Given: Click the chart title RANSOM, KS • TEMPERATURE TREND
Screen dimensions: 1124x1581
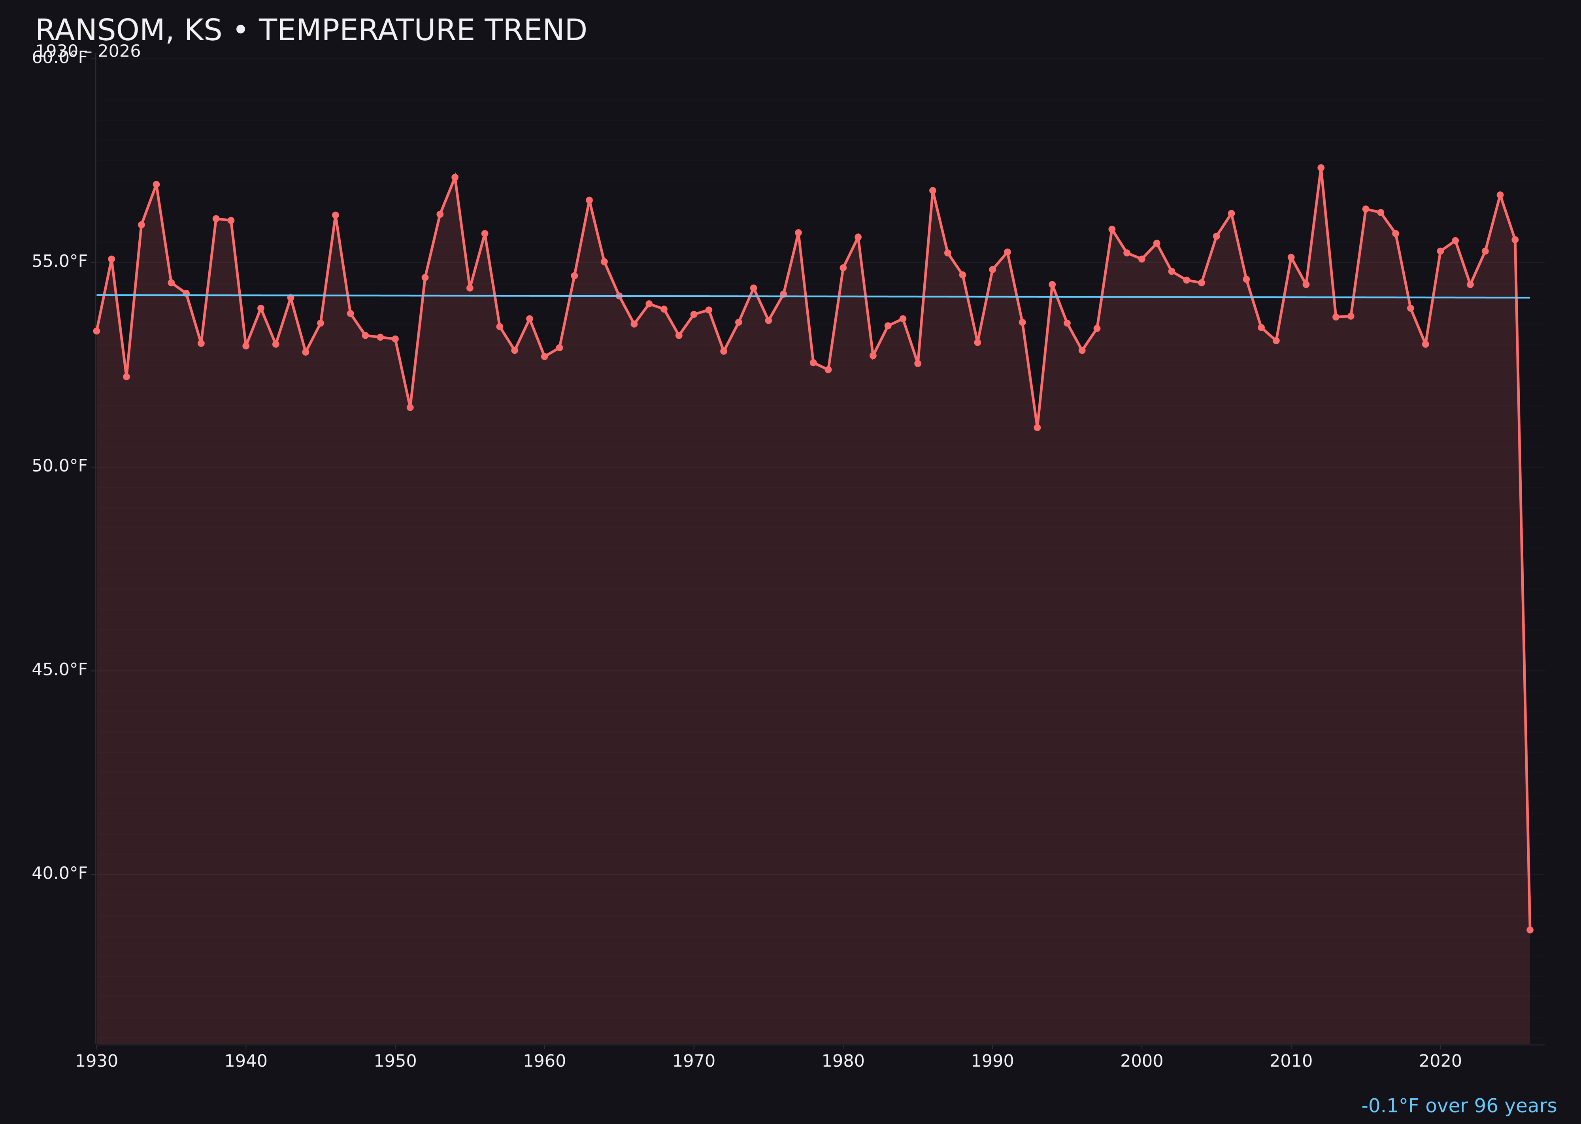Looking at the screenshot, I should pyautogui.click(x=311, y=30).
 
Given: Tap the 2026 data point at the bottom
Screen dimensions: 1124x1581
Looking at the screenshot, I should pyautogui.click(x=1530, y=930).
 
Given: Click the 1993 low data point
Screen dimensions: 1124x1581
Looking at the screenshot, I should pyautogui.click(x=1037, y=428).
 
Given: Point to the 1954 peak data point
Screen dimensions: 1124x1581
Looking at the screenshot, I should pyautogui.click(x=455, y=177).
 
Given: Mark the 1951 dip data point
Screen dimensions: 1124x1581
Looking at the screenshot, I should pyautogui.click(x=410, y=407).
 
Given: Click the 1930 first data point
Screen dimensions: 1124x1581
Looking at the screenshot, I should pyautogui.click(x=96, y=331).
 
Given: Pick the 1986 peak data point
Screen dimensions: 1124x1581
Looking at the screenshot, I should pyautogui.click(x=932, y=190).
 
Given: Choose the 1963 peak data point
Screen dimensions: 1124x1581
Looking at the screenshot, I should pyautogui.click(x=589, y=200).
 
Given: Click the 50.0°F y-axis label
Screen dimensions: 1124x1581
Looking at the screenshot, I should pyautogui.click(x=60, y=466).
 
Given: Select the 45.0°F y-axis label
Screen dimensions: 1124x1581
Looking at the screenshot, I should pyautogui.click(x=60, y=669).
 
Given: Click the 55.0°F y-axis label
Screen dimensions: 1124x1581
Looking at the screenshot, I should pyautogui.click(x=60, y=262).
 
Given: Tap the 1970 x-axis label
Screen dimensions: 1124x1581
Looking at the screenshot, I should pyautogui.click(x=694, y=1061).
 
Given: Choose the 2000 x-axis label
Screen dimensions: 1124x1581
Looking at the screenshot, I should pyautogui.click(x=1141, y=1061).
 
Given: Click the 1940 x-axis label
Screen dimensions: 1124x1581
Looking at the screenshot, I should pyautogui.click(x=246, y=1061).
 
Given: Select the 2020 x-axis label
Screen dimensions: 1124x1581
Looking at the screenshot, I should pyautogui.click(x=1440, y=1061).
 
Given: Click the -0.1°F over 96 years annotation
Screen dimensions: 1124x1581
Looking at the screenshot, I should pyautogui.click(x=1458, y=1106).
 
